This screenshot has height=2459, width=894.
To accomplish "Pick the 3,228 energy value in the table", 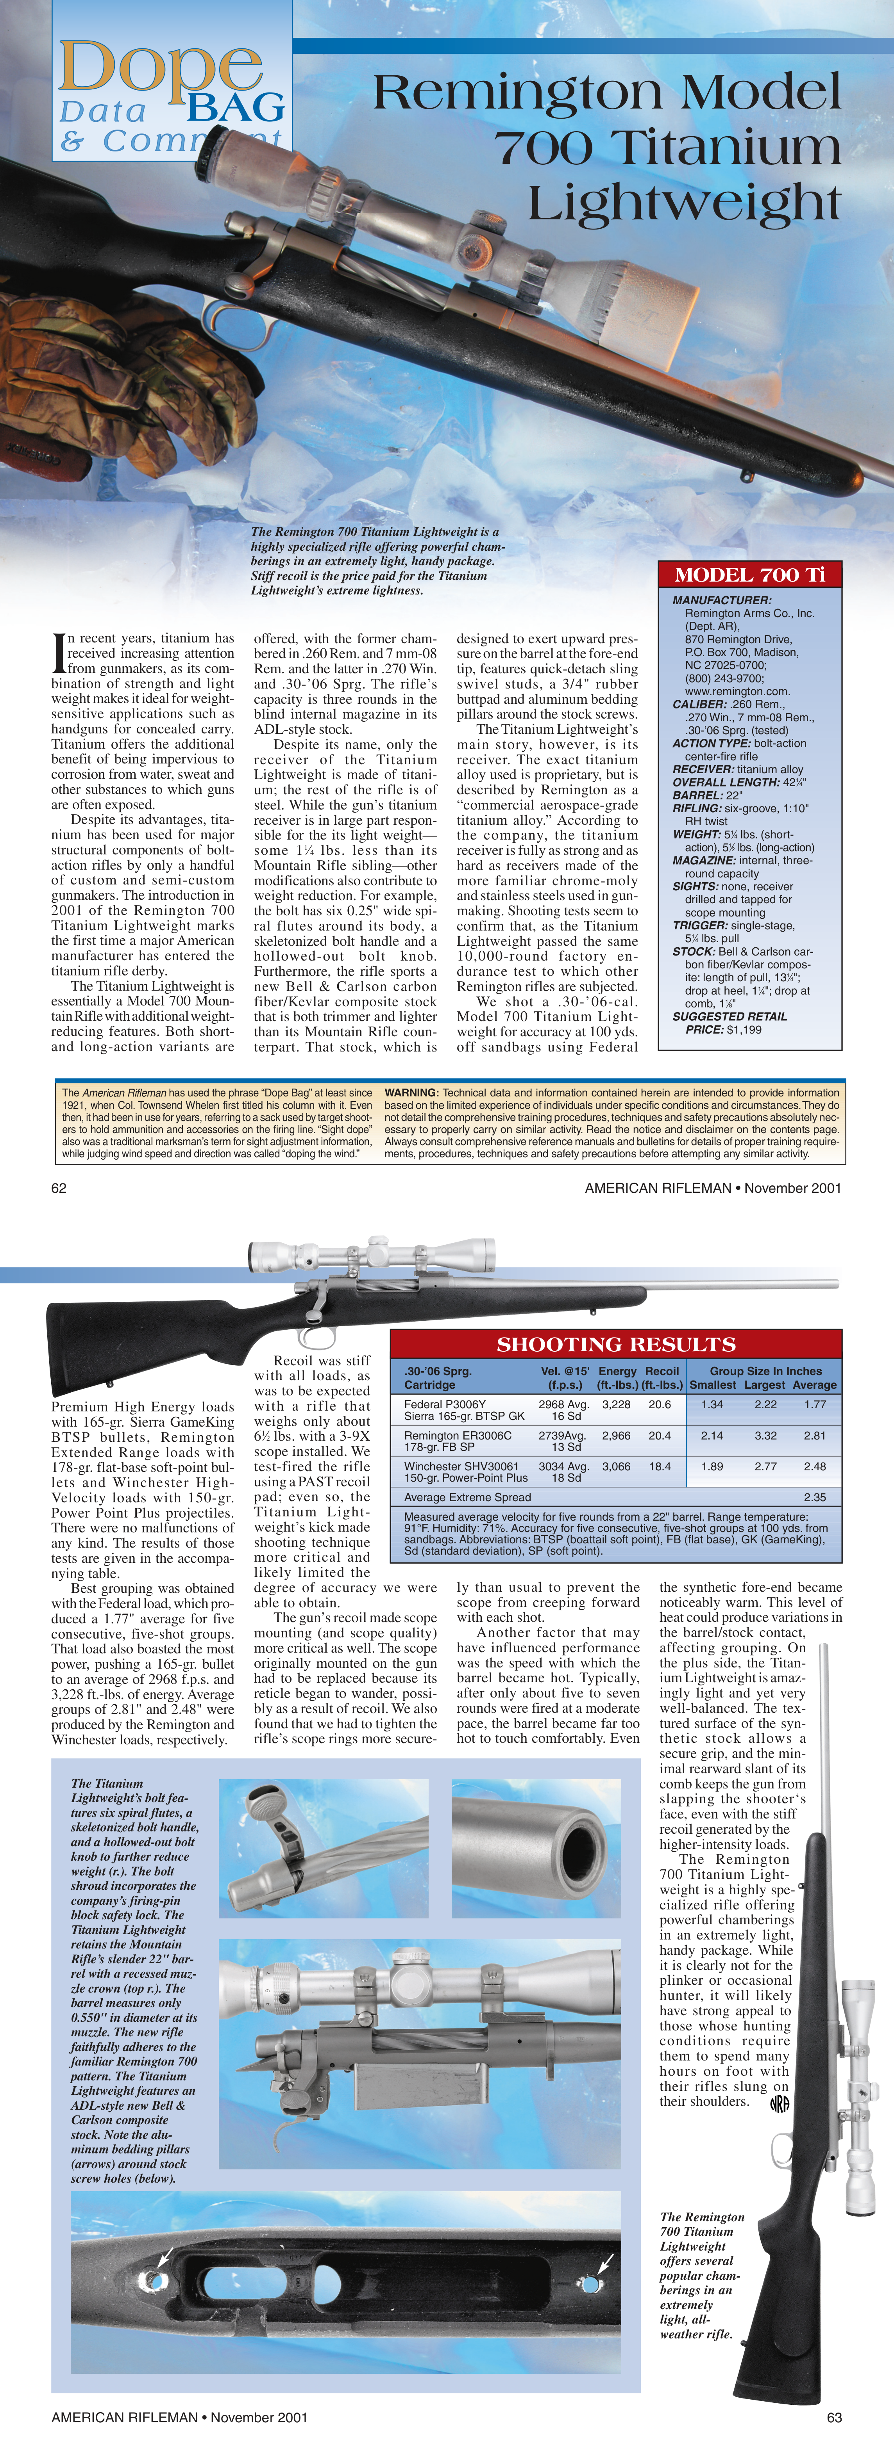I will [x=616, y=1404].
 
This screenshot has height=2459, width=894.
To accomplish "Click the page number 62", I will [x=59, y=1187].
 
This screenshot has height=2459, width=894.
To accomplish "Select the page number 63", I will [x=834, y=2417].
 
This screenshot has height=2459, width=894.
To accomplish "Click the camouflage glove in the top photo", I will [x=105, y=382].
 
